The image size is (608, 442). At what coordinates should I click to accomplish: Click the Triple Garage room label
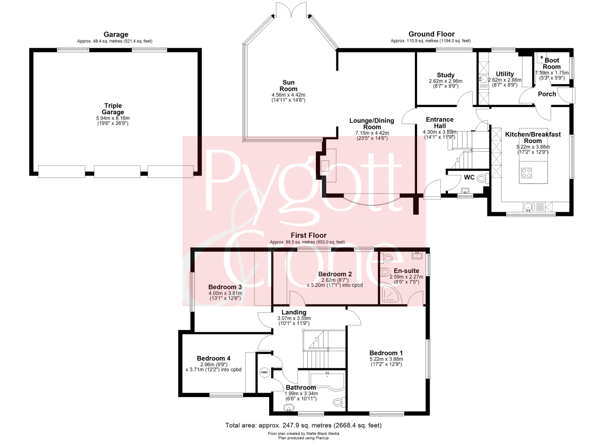coord(113,109)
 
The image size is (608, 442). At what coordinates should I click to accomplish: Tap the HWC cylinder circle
coord(264,372)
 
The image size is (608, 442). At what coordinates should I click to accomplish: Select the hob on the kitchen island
coord(527,173)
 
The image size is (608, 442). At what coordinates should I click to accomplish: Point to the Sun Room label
coord(288,85)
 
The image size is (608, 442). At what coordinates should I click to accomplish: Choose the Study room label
coord(446,75)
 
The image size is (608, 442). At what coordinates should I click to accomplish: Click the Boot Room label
coord(552,64)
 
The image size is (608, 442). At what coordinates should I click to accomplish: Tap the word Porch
coord(547,94)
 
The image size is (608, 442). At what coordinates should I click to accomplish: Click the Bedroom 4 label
coord(214,359)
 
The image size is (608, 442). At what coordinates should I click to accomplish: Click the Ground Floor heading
coord(432,34)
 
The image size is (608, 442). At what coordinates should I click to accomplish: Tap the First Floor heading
coord(308,235)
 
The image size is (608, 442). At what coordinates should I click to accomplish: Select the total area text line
coord(304,425)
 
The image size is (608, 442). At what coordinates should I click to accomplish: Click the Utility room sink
coord(483,79)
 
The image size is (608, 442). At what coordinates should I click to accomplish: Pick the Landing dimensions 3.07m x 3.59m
coord(294,318)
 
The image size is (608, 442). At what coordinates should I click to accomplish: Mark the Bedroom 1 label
coord(386,353)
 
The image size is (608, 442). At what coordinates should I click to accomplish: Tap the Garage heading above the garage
coord(116,34)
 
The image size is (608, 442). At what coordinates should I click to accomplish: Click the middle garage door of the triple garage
coord(117,171)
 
